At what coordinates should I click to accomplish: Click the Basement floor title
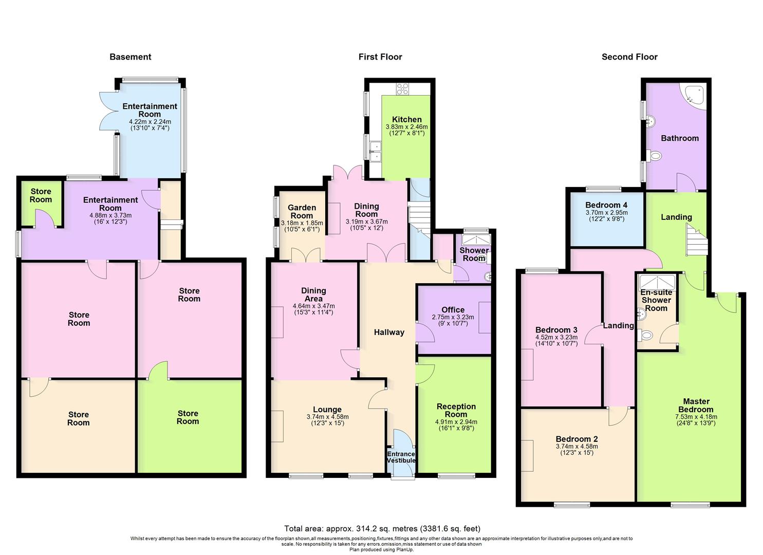[x=131, y=57]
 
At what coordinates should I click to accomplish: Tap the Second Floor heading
[x=629, y=57]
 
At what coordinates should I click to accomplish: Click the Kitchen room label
[x=407, y=120]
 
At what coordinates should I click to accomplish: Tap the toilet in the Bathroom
[x=654, y=156]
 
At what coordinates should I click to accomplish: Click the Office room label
[x=453, y=310]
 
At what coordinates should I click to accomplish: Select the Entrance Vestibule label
[x=401, y=457]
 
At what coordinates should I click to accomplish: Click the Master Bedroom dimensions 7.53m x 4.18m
[x=696, y=417]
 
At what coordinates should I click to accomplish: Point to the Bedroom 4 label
[x=606, y=205]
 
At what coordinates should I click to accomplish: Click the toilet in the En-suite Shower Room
[x=645, y=335]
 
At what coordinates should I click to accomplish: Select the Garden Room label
[x=302, y=212]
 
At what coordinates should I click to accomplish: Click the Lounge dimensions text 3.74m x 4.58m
[x=327, y=417]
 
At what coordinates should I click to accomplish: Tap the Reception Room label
[x=456, y=410]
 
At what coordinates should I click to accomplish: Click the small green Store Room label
[x=41, y=196]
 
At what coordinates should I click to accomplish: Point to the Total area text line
[x=382, y=528]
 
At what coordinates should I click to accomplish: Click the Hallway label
[x=389, y=332]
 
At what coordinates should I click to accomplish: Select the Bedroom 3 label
[x=556, y=330]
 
